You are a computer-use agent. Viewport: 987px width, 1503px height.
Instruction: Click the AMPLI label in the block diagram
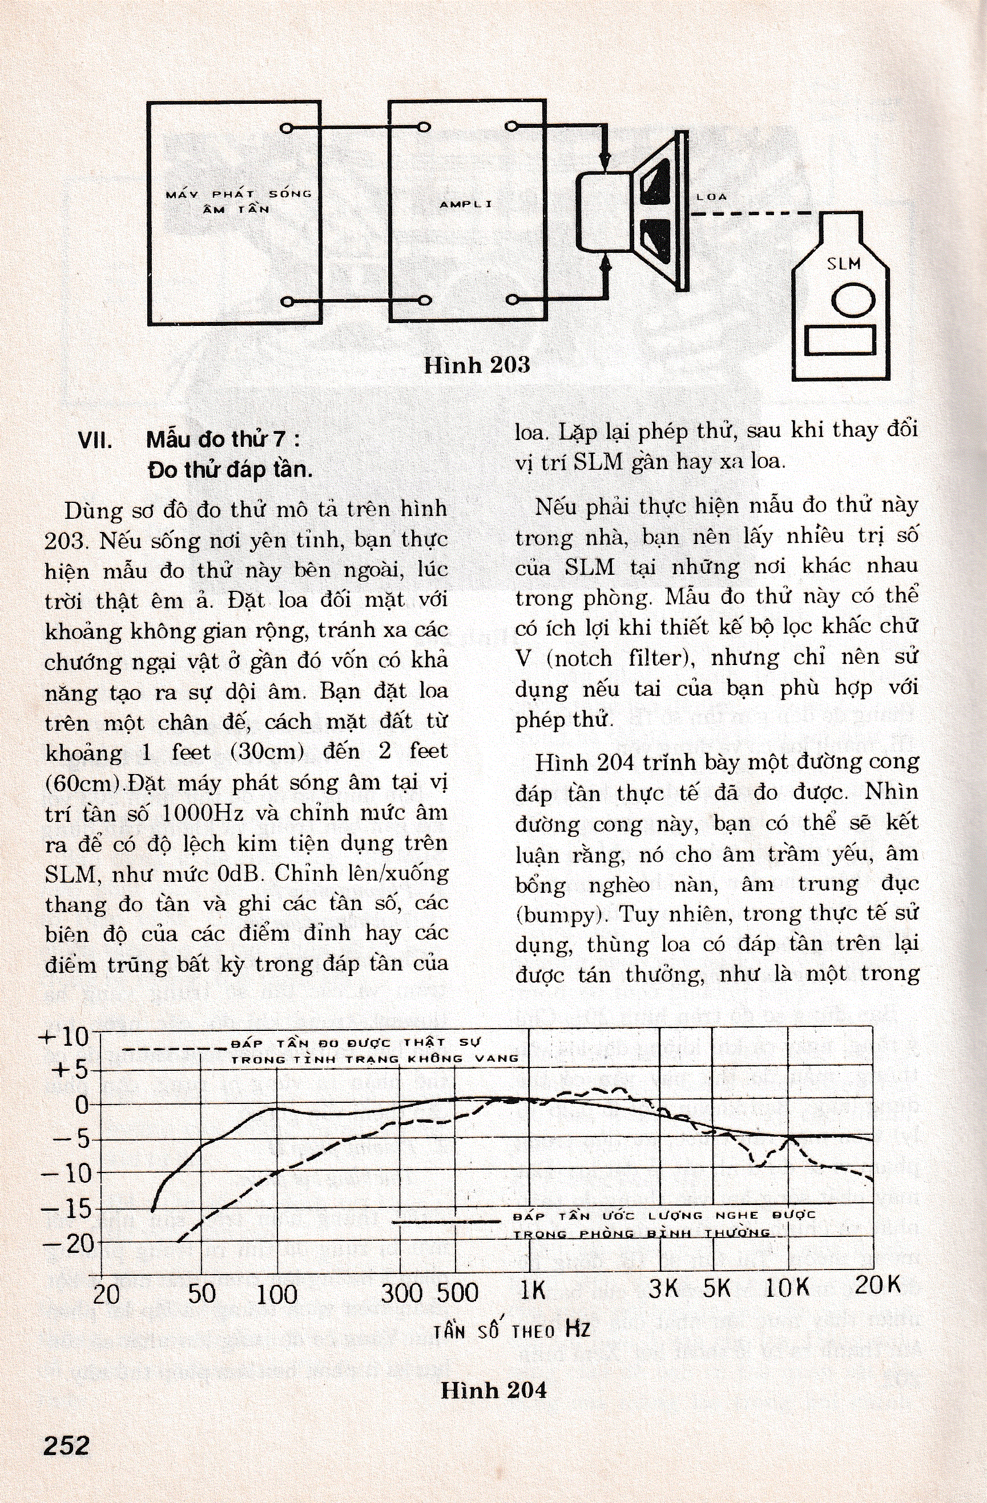click(466, 204)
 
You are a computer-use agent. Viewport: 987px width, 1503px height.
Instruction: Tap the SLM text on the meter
click(844, 263)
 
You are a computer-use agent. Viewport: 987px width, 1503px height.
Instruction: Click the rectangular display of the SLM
click(840, 342)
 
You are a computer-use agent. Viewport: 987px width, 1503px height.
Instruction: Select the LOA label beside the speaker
click(712, 197)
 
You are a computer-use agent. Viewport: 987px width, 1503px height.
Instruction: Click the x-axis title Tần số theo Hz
click(511, 1330)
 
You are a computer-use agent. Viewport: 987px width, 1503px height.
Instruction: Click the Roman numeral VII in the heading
click(95, 441)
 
